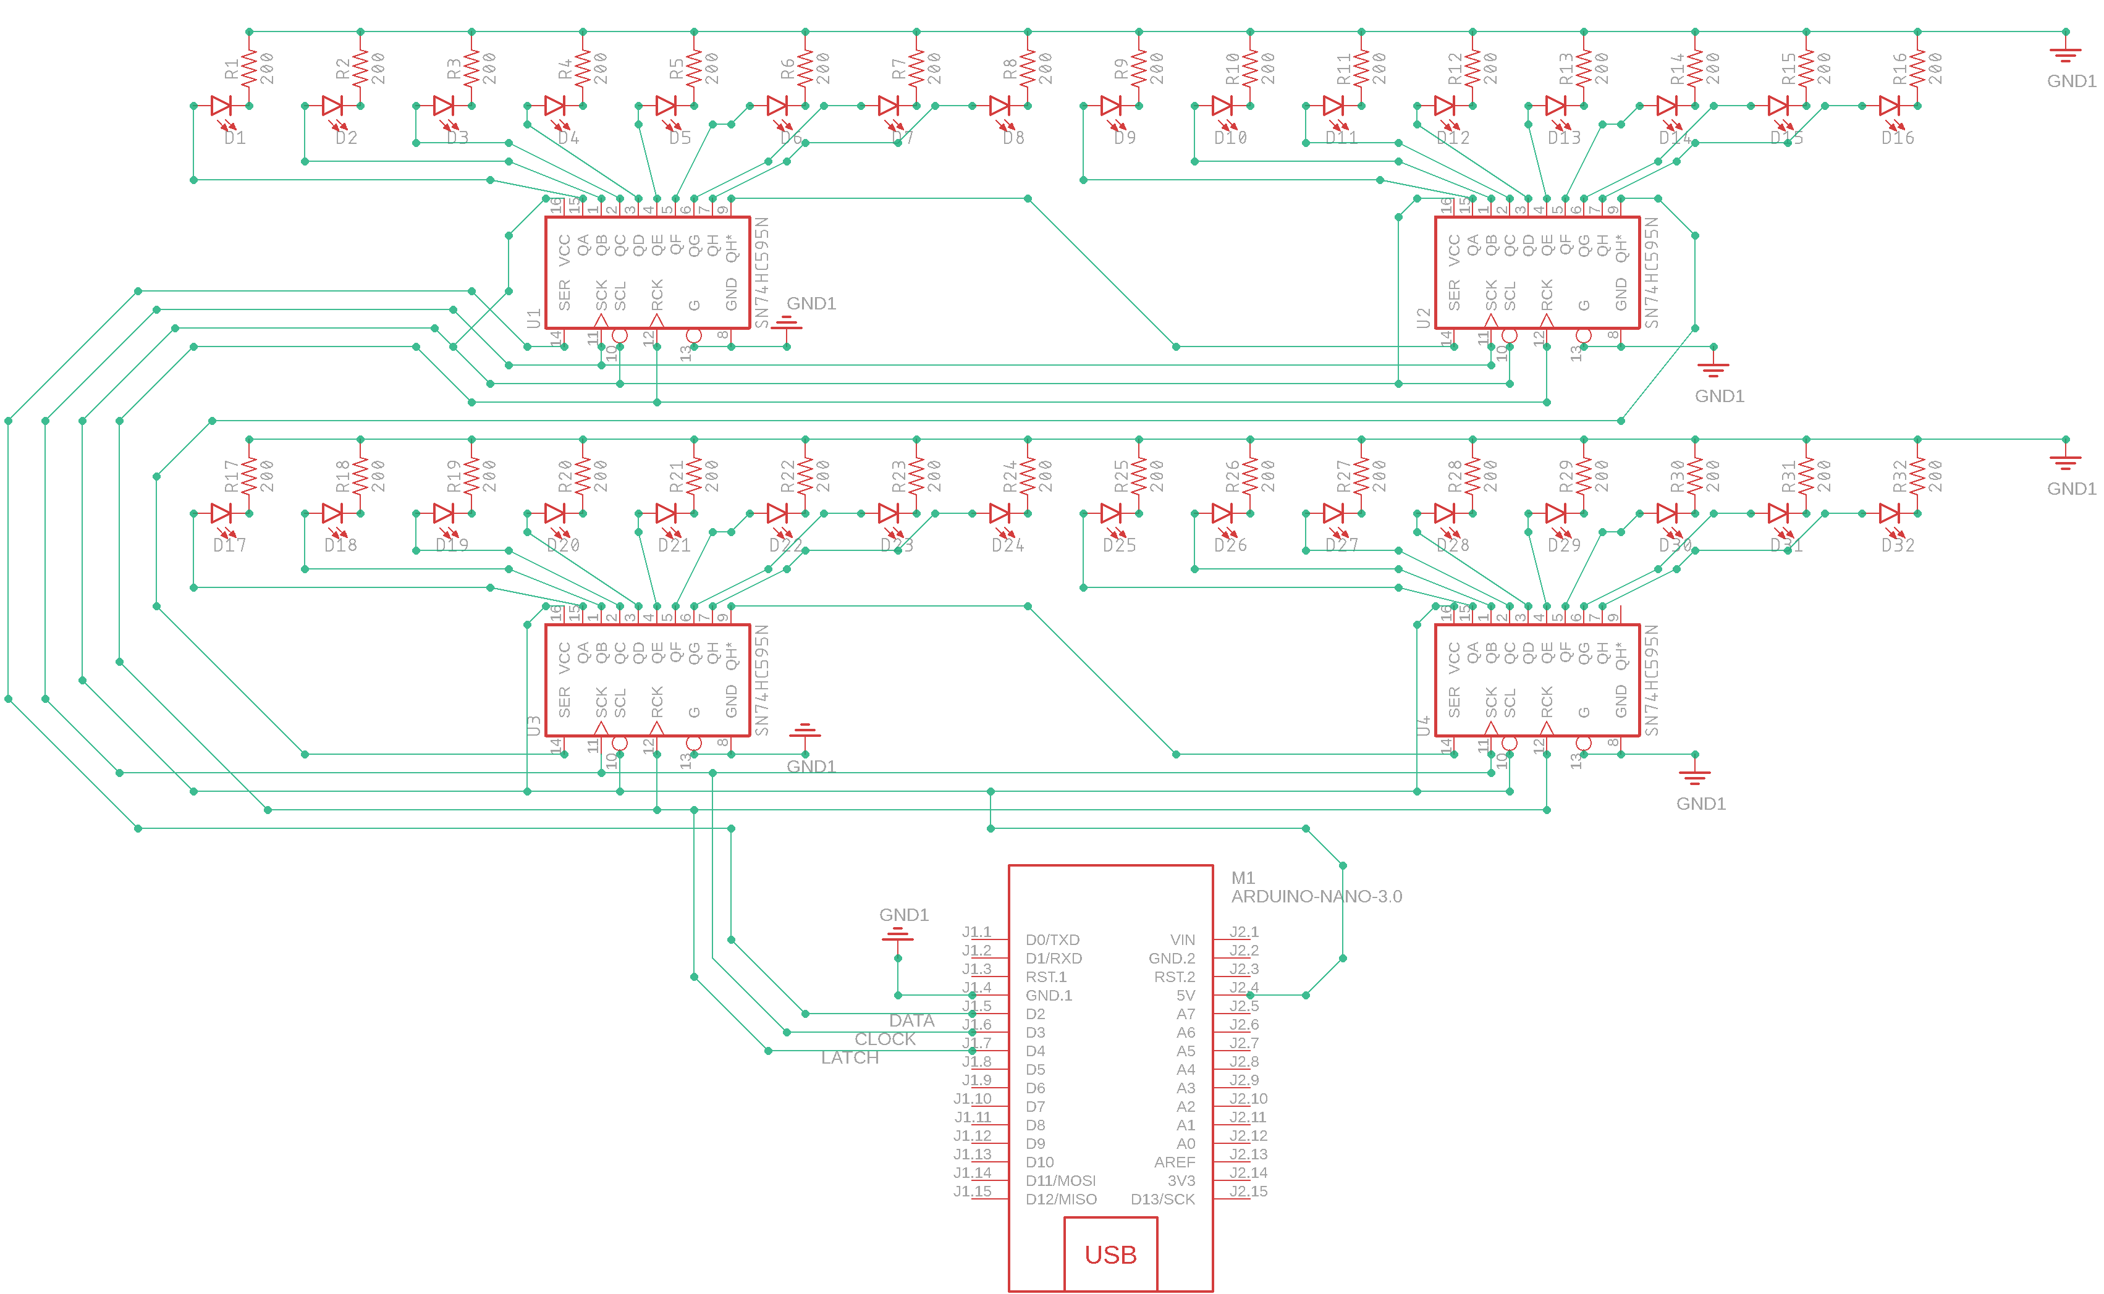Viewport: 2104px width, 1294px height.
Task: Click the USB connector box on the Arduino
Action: pos(1110,1254)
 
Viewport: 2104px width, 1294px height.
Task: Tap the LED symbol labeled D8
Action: pos(1000,106)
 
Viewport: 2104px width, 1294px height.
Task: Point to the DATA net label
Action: pos(911,1020)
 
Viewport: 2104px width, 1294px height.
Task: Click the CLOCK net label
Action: pos(884,1039)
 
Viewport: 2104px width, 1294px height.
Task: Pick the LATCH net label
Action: pos(849,1058)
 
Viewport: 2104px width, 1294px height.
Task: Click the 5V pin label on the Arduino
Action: pos(1185,995)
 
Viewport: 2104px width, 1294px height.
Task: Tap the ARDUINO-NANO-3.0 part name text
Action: pos(1316,896)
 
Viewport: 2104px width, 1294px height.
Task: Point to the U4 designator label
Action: pos(1422,726)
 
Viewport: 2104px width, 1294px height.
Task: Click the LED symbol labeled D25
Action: pos(1111,513)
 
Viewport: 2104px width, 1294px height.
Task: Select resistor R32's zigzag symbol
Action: pos(1917,475)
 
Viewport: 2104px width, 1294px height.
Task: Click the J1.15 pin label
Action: pos(973,1191)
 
